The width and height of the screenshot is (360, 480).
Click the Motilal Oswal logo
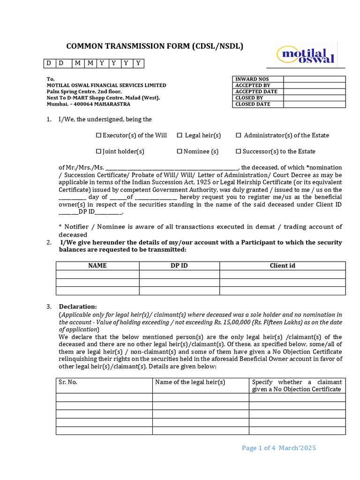pos(308,55)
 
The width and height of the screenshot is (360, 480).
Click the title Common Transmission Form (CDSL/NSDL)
pos(155,46)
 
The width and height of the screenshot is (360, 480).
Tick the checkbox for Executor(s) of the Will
pos(99,135)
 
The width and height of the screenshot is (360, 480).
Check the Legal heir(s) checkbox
pos(180,135)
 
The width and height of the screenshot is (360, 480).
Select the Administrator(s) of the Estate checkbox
pos(238,135)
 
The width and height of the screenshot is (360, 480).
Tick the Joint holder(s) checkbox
pos(99,151)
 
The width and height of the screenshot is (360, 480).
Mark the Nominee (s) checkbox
pos(180,151)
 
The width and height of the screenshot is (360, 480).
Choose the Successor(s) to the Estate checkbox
pos(238,151)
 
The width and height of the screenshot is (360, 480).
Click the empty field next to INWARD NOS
pos(314,79)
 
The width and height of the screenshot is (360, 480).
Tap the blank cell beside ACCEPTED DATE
pos(314,92)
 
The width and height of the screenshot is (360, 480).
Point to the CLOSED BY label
pos(249,98)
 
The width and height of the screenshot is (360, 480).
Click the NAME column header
pos(97,266)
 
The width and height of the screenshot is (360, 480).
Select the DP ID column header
pos(179,266)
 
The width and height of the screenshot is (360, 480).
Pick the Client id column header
pos(282,266)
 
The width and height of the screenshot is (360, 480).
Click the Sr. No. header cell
pos(68,382)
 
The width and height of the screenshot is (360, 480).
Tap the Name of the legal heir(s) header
pos(190,382)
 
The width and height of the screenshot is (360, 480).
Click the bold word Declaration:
pos(78,307)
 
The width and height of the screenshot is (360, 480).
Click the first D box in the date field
pos(49,63)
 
